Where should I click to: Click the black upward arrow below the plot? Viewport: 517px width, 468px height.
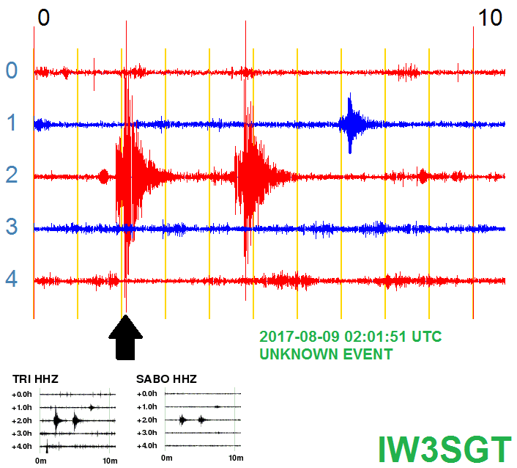pos(126,337)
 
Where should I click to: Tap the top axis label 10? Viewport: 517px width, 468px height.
pos(490,18)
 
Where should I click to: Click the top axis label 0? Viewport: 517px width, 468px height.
pos(43,18)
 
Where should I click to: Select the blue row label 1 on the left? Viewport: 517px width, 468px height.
pos(12,123)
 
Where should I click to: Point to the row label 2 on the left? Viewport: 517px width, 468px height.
pos(12,175)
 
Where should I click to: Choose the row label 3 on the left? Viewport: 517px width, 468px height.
pos(12,227)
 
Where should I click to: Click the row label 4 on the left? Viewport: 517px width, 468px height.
pos(12,279)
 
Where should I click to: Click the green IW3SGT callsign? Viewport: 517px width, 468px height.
pos(445,450)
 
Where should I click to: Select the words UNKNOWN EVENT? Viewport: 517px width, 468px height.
pos(326,354)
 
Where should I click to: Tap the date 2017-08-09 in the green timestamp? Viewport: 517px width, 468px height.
pos(299,337)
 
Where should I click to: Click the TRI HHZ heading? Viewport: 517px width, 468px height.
pos(35,379)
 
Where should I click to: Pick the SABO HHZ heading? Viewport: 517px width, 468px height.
pos(166,379)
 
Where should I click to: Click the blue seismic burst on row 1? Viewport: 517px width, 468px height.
pos(352,123)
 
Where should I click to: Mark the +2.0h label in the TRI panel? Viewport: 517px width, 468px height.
pos(22,420)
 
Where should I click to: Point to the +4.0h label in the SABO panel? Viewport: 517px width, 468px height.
pos(147,445)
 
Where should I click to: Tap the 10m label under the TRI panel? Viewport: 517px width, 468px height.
pos(110,461)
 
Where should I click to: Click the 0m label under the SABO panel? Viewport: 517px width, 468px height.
pos(167,458)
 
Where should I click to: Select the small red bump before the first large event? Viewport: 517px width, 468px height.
pos(104,177)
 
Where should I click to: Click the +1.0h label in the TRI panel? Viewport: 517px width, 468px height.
pos(22,408)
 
